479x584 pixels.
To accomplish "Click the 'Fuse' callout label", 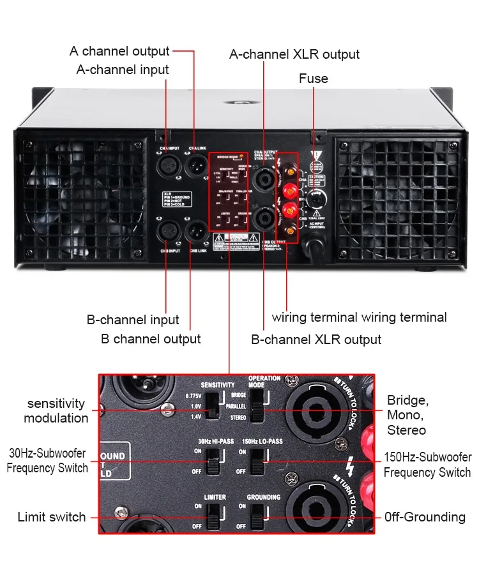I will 313,79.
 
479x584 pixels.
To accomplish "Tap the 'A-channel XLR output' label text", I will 294,54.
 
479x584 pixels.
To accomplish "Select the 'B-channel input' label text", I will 133,320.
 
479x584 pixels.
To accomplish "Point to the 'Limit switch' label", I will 51,517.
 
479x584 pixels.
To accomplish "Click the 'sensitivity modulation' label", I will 56,411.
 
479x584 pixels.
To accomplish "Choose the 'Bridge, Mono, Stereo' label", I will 407,415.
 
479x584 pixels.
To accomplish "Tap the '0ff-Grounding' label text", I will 425,517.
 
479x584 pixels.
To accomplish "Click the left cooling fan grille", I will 84,200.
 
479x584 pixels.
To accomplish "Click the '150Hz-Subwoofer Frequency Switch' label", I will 427,465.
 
